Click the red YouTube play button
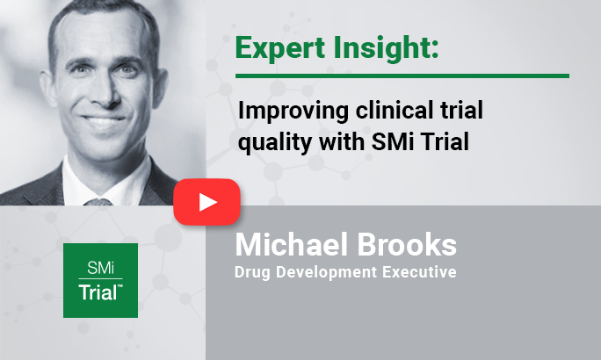pos(207,201)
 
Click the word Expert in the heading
pos(280,48)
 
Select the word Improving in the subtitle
pos(293,112)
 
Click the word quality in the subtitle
pos(275,143)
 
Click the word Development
pos(327,273)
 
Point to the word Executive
pos(419,272)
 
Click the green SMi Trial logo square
pos(100,280)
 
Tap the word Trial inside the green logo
pos(99,292)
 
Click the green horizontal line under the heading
pos(402,76)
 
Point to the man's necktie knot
pos(98,202)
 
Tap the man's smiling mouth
pos(104,119)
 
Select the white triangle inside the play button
pos(207,202)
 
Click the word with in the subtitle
pos(342,141)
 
